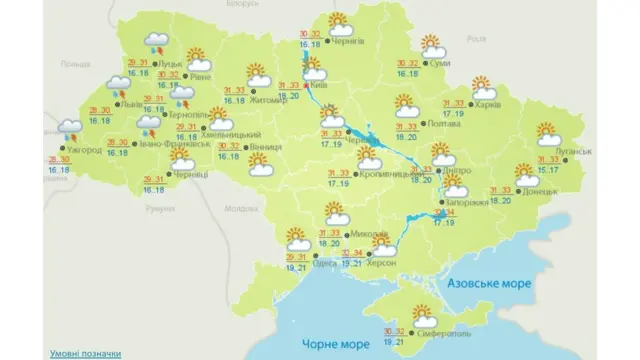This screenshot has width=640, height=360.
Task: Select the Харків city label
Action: pyautogui.click(x=485, y=103)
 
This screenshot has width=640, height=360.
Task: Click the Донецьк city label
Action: pyautogui.click(x=540, y=189)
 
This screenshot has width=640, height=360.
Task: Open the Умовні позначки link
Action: pyautogui.click(x=86, y=353)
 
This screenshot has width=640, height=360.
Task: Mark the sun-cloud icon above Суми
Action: pyautogui.click(x=433, y=46)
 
